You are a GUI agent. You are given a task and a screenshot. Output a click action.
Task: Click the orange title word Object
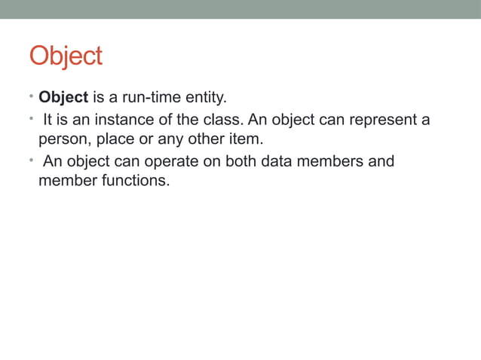pos(66,56)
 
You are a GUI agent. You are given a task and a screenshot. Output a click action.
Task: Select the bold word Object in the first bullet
pos(63,98)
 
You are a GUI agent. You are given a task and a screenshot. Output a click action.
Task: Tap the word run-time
pos(146,98)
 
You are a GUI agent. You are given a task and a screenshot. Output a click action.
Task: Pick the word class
pos(222,120)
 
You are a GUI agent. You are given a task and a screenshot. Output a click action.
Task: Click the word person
pos(63,140)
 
